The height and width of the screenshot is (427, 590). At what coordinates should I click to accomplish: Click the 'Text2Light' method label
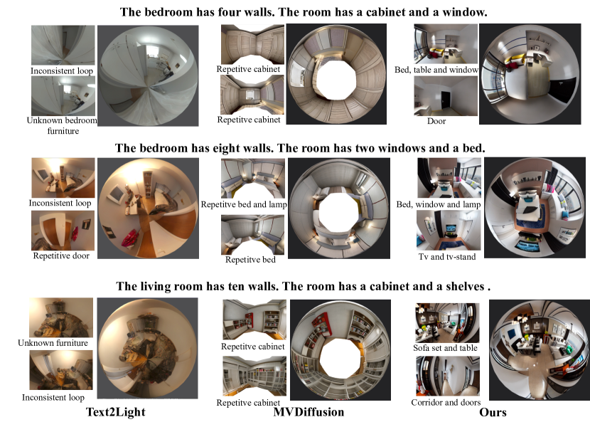[116, 412]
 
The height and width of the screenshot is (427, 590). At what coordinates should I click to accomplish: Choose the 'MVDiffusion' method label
[309, 412]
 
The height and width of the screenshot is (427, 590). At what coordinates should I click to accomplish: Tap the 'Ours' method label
[493, 412]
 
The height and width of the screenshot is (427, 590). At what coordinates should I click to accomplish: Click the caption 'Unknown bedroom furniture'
[62, 125]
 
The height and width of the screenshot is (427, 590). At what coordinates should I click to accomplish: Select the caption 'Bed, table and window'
[436, 70]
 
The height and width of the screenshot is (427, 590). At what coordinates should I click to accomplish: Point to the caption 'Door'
[436, 121]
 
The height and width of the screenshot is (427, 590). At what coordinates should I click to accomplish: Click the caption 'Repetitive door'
[61, 255]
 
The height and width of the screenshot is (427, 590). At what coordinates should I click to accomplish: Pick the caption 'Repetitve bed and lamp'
[244, 204]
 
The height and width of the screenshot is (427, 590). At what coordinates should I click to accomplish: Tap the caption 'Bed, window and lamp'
[439, 204]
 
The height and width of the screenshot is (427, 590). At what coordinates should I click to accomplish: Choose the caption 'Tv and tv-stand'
[447, 257]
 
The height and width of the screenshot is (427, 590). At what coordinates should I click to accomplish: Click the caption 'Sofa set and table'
[445, 348]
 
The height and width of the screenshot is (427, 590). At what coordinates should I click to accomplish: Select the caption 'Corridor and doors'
[446, 403]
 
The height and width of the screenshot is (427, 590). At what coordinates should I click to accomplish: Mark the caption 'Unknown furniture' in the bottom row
[53, 343]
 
